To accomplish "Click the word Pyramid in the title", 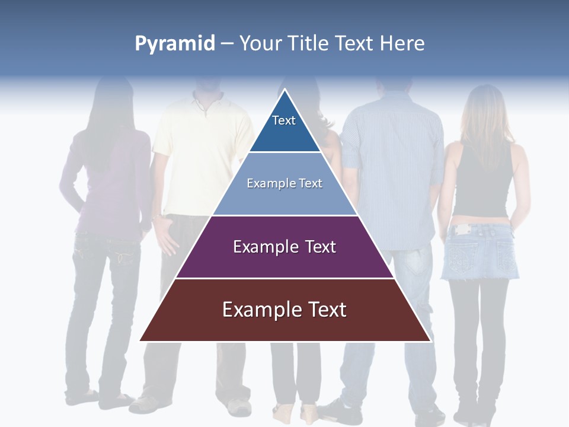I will click(x=174, y=44).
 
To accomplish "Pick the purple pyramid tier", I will click(x=284, y=247).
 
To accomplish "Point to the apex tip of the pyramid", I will click(x=285, y=91).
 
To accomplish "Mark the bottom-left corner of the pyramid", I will click(x=140, y=340).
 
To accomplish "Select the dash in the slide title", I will click(x=226, y=44).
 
